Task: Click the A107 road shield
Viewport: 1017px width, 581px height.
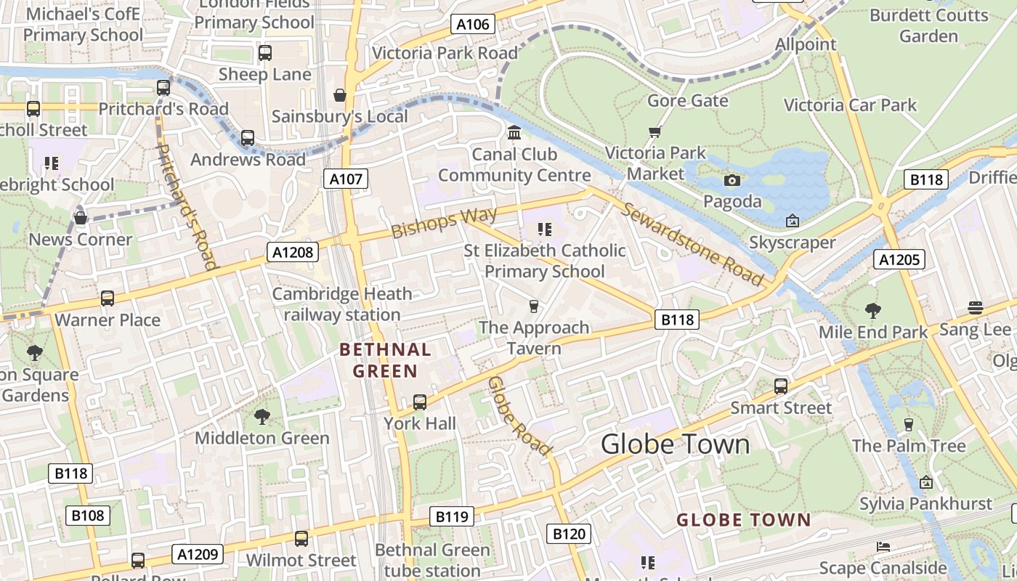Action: point(345,179)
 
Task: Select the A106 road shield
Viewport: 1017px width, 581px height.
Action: point(472,24)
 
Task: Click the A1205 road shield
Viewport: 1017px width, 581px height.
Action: point(899,259)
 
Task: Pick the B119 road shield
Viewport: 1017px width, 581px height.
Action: point(451,516)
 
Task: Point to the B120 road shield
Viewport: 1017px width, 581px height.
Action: point(568,535)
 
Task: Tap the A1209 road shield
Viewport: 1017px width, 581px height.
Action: point(198,554)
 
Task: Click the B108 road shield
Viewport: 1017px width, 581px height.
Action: point(88,516)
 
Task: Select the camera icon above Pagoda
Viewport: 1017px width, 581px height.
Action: point(732,180)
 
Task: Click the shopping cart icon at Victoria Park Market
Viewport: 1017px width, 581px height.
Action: point(655,132)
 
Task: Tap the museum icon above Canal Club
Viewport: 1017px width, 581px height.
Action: point(514,133)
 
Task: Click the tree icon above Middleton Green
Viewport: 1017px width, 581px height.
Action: point(262,416)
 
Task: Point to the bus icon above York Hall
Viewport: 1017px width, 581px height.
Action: point(419,402)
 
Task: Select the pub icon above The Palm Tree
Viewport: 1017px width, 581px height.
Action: point(908,424)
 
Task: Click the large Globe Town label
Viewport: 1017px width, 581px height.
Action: point(675,444)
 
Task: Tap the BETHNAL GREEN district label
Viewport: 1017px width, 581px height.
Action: point(385,360)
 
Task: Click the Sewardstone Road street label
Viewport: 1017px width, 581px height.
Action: point(692,245)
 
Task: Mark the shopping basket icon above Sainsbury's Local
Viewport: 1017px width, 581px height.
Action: point(339,95)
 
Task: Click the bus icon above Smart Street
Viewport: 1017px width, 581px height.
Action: point(780,386)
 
